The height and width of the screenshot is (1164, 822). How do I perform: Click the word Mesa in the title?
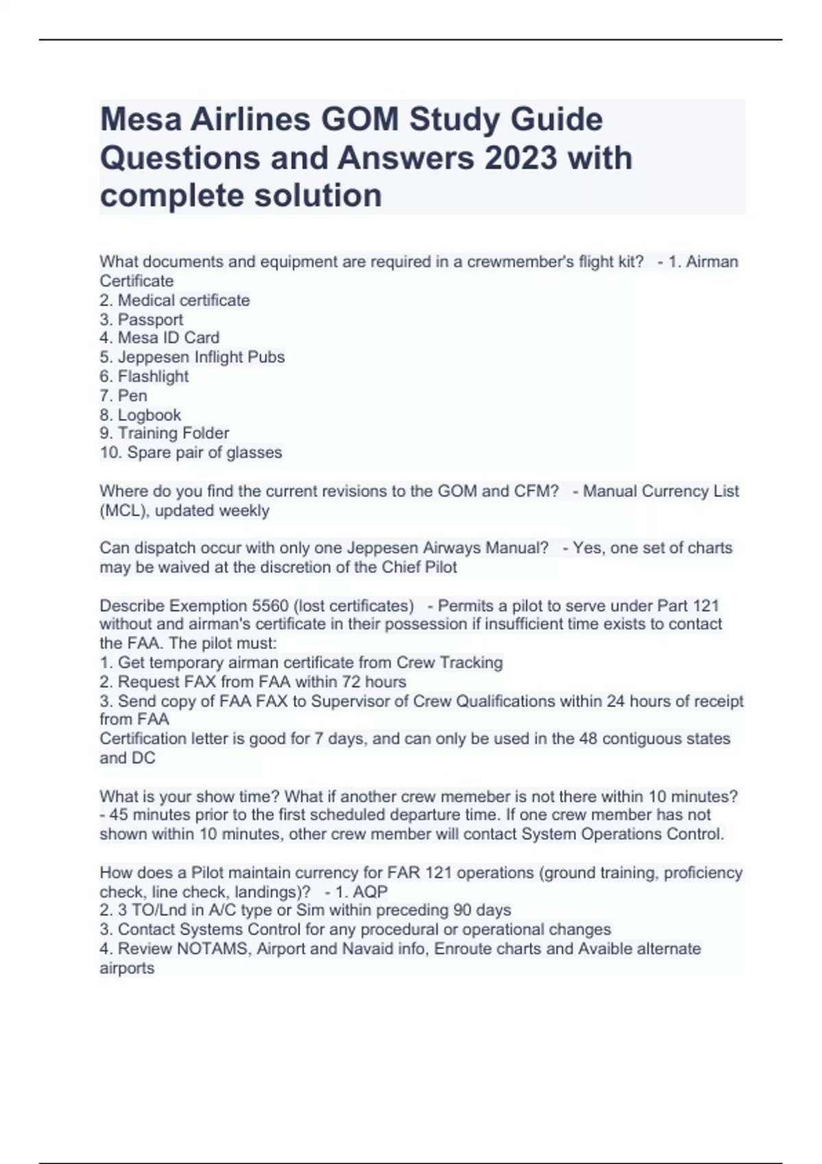click(x=140, y=120)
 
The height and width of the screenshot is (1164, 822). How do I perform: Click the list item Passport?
click(x=150, y=320)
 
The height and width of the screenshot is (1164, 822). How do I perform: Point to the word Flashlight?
click(x=153, y=377)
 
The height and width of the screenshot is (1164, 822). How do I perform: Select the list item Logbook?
click(x=149, y=415)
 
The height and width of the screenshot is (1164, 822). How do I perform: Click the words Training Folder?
click(x=173, y=433)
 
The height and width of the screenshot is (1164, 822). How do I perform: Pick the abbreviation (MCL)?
click(x=121, y=511)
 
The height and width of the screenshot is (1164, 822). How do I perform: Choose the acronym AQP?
click(x=370, y=892)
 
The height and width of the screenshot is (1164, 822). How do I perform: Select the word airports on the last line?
click(x=127, y=969)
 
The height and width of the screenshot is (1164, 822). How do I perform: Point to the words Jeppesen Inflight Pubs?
click(x=201, y=357)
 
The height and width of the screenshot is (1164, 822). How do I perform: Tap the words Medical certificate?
click(x=184, y=301)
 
